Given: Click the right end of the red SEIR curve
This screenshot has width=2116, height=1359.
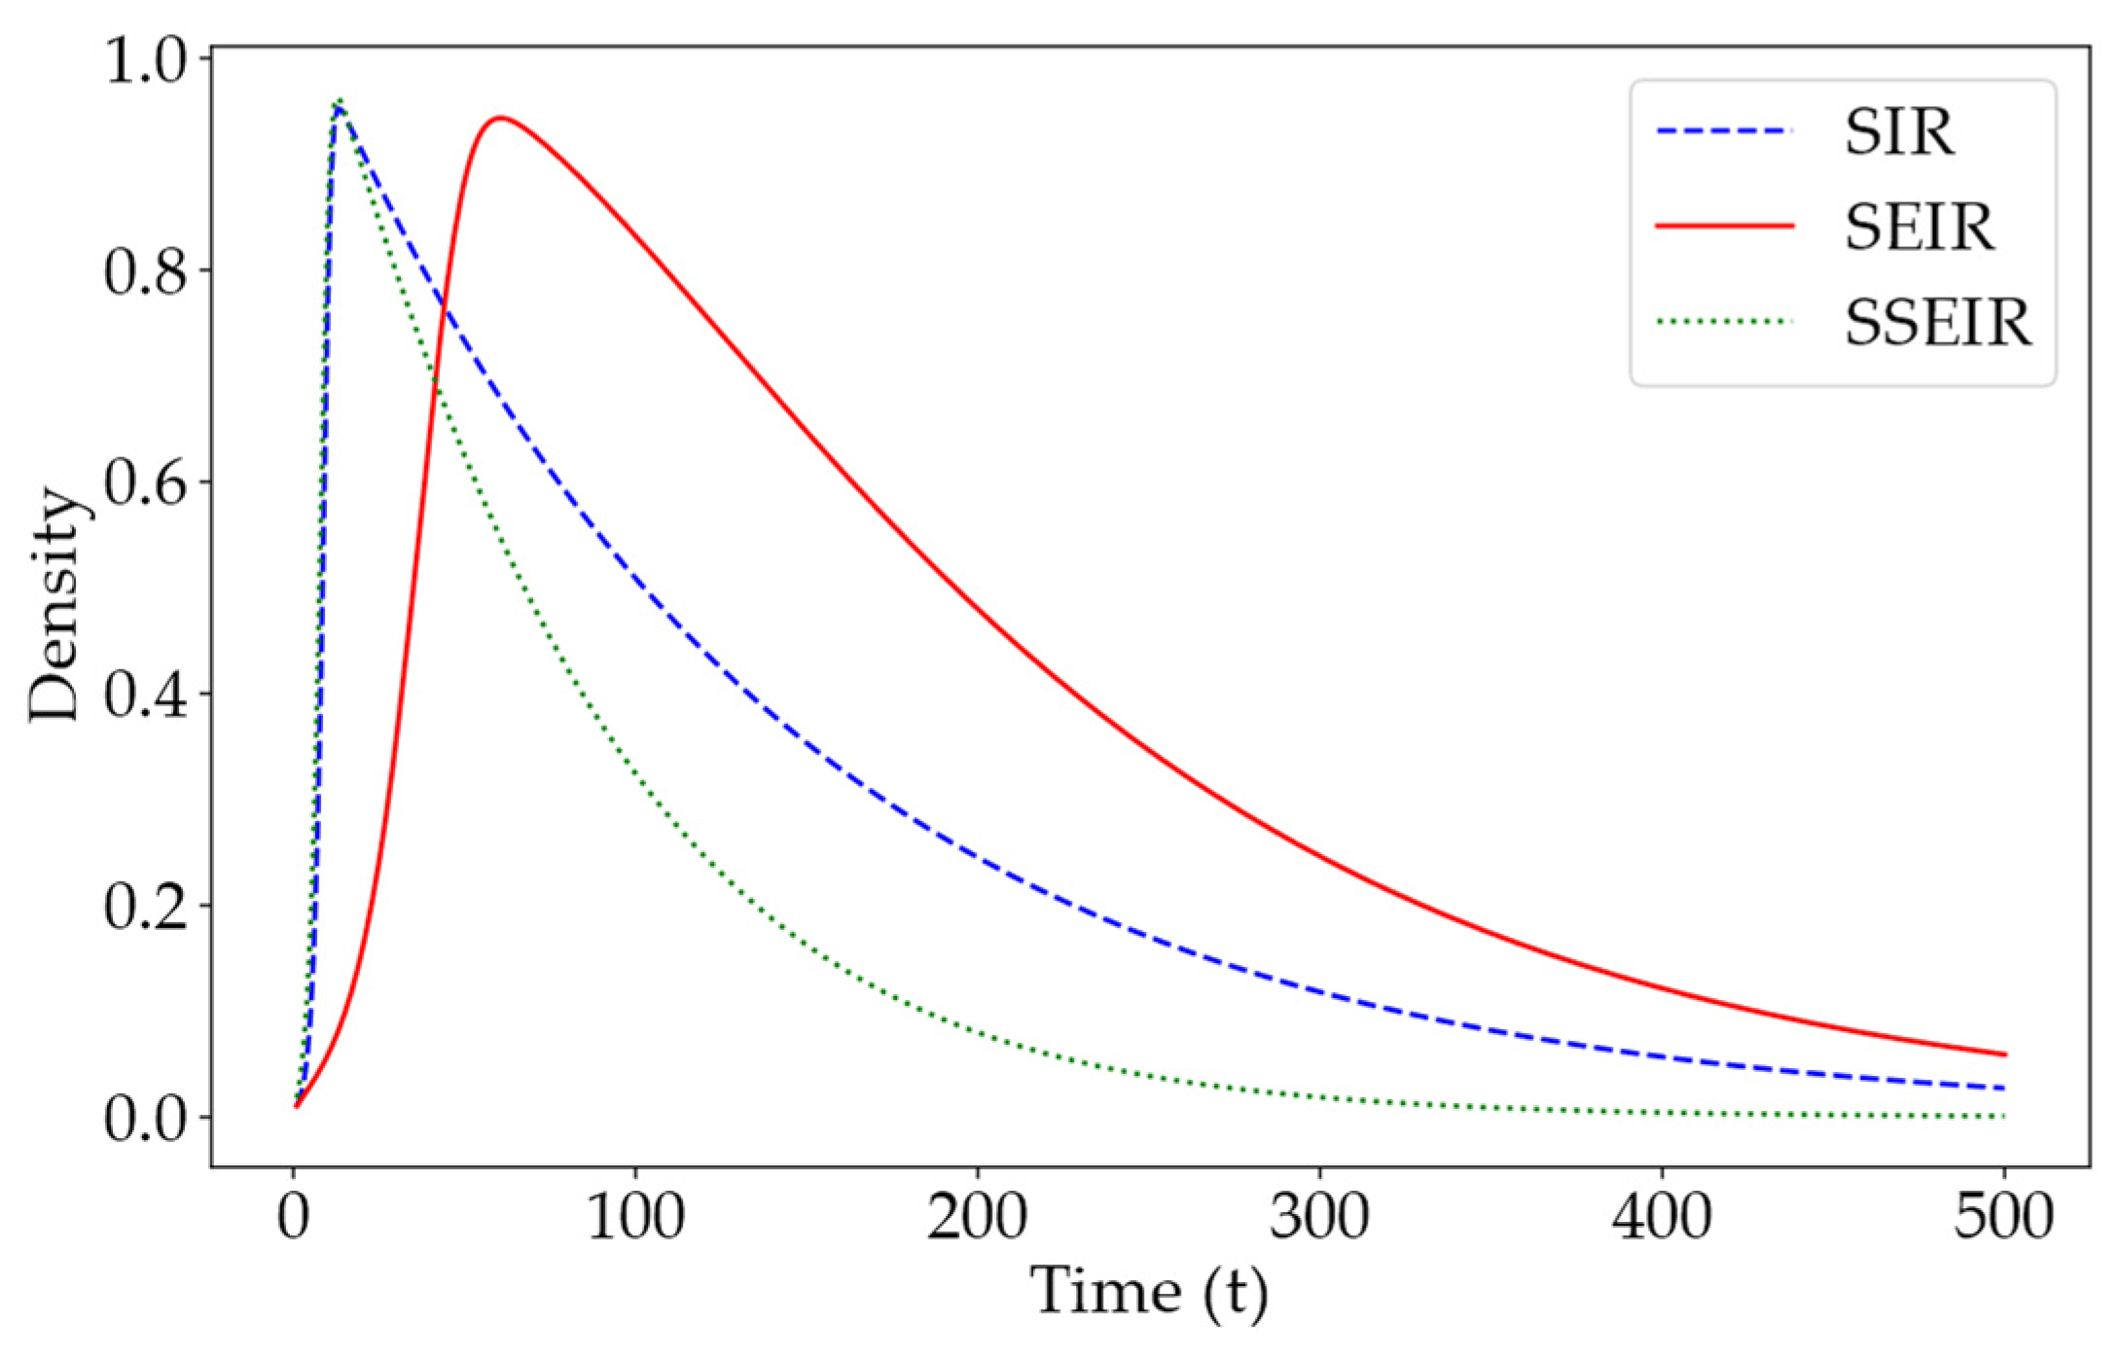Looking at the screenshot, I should click(2004, 1055).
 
